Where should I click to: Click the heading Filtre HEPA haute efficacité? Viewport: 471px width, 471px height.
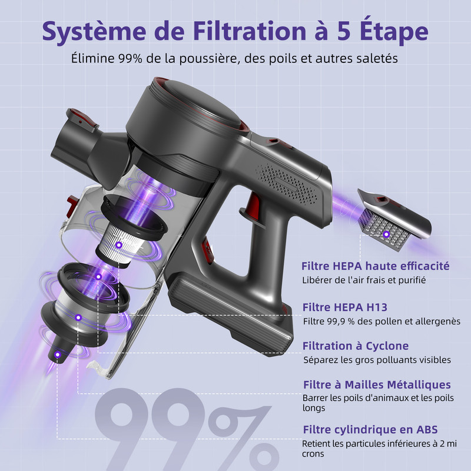tap(376, 266)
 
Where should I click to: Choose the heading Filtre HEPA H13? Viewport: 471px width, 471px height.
tap(345, 307)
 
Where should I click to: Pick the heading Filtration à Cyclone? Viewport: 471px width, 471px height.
tap(356, 346)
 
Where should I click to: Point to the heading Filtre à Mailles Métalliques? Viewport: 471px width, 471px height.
tap(377, 384)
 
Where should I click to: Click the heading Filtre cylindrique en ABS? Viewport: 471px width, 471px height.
tap(370, 430)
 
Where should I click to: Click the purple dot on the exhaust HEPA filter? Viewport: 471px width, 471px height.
tap(386, 234)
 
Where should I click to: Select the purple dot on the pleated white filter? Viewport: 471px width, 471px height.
tap(119, 245)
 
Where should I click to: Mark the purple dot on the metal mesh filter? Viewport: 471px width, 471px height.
tap(78, 317)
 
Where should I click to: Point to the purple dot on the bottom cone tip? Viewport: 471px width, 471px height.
tap(58, 355)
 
